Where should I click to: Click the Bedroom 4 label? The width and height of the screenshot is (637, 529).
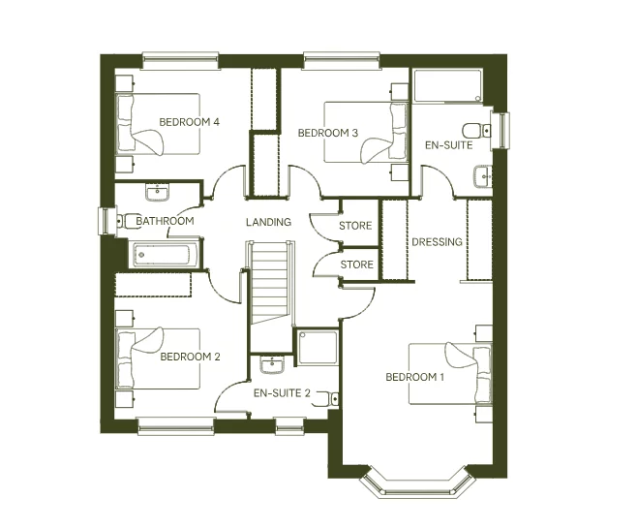(190, 122)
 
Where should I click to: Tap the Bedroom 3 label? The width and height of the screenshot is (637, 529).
(328, 133)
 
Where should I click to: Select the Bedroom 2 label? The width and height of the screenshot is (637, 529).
(190, 357)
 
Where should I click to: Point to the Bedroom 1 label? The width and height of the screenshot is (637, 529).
(414, 377)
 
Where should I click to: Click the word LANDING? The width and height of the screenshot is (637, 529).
(268, 223)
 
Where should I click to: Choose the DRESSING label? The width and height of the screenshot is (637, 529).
(437, 242)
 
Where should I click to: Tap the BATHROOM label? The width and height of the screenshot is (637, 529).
(165, 221)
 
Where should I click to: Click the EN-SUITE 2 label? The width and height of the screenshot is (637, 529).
(282, 393)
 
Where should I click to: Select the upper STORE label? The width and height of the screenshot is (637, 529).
(355, 227)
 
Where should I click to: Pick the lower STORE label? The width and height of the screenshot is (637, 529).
(355, 264)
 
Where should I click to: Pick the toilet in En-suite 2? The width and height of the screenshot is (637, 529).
(331, 397)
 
